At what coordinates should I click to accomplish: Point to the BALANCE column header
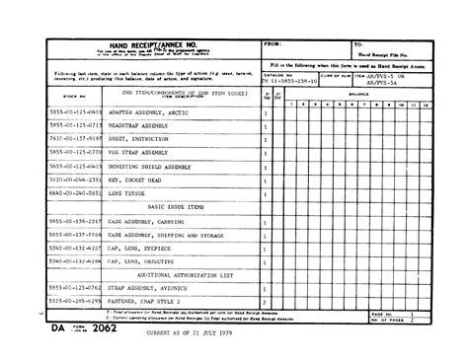(357, 97)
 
